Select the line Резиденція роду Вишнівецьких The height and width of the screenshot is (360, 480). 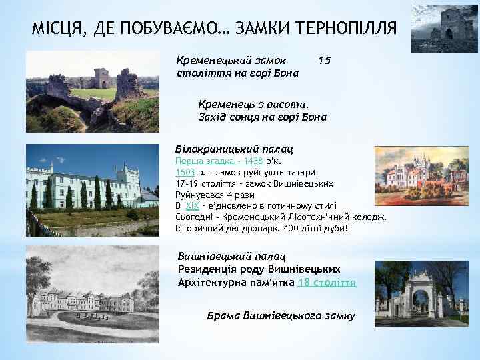259,269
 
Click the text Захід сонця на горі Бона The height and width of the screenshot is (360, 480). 263,117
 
